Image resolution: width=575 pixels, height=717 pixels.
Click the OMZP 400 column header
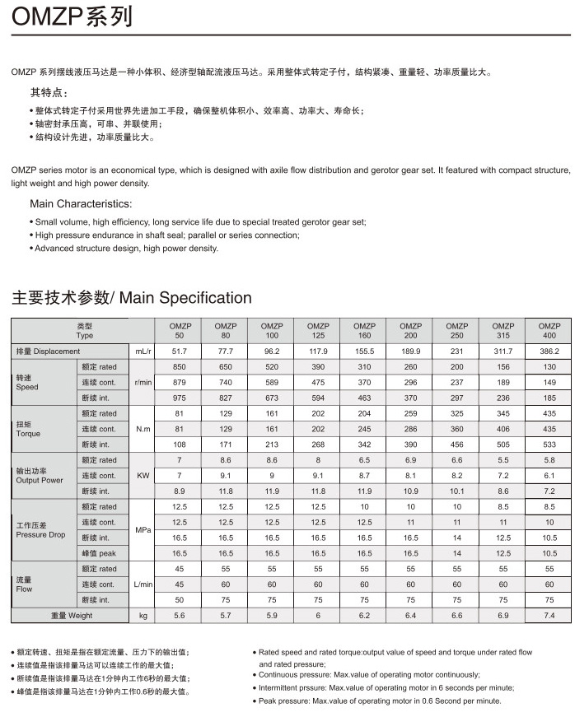tap(549, 331)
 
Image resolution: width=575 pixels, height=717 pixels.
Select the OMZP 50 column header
tap(179, 331)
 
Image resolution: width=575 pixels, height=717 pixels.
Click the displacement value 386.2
tap(549, 352)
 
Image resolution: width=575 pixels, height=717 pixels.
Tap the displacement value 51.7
tap(179, 352)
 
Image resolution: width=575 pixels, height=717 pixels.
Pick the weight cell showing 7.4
tap(549, 616)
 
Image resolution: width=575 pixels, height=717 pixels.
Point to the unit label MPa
tap(143, 530)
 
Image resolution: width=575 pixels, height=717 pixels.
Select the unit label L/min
tap(143, 584)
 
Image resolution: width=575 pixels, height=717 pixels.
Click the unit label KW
tap(143, 476)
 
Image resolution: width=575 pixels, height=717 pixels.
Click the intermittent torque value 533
tap(549, 445)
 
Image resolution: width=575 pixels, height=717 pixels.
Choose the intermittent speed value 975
tap(179, 398)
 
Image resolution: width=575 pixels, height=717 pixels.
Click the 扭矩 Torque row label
tap(29, 429)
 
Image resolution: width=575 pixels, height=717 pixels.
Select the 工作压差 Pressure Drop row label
tap(40, 530)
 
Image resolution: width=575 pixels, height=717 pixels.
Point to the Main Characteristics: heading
tap(80, 203)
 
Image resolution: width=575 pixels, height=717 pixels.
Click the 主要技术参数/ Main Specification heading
tap(131, 298)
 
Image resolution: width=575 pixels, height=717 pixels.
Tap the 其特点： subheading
tap(49, 91)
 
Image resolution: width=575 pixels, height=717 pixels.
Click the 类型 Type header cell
tap(84, 331)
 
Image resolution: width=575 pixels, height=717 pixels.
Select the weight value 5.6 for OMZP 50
tap(179, 616)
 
